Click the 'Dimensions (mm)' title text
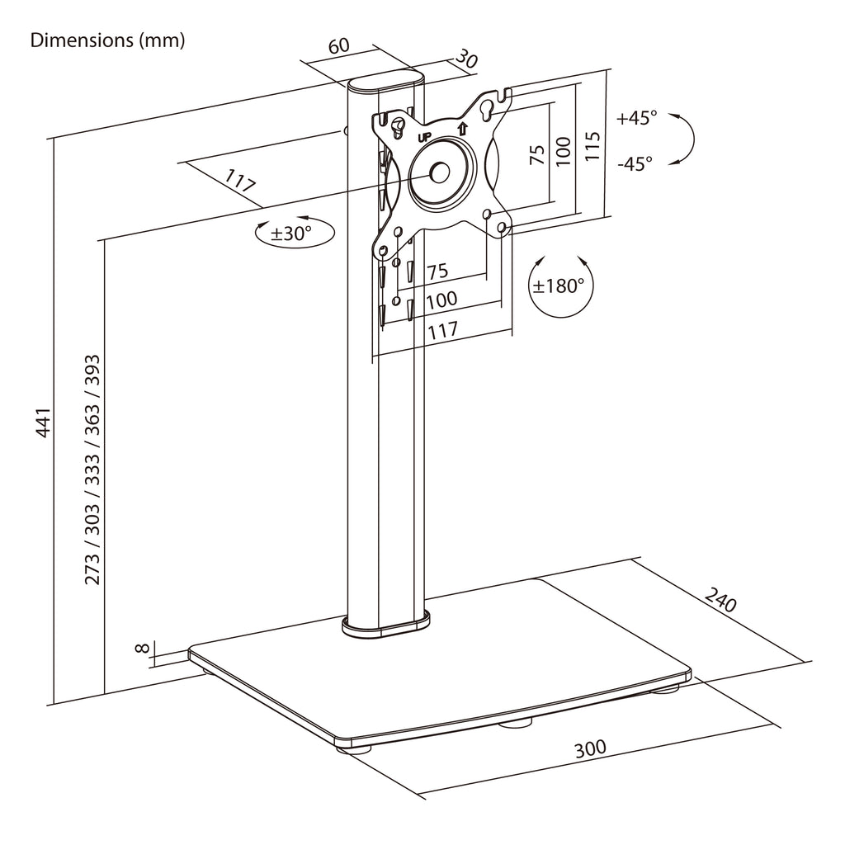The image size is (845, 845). [107, 40]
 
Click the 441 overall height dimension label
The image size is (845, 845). [43, 422]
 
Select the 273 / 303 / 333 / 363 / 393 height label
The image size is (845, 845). [92, 470]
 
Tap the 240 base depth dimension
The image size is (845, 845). [720, 601]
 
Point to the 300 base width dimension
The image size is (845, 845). [590, 748]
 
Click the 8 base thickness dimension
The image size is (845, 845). [142, 647]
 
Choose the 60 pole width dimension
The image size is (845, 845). [339, 46]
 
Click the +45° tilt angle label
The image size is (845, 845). [637, 117]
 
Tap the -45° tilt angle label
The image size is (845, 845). [635, 163]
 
